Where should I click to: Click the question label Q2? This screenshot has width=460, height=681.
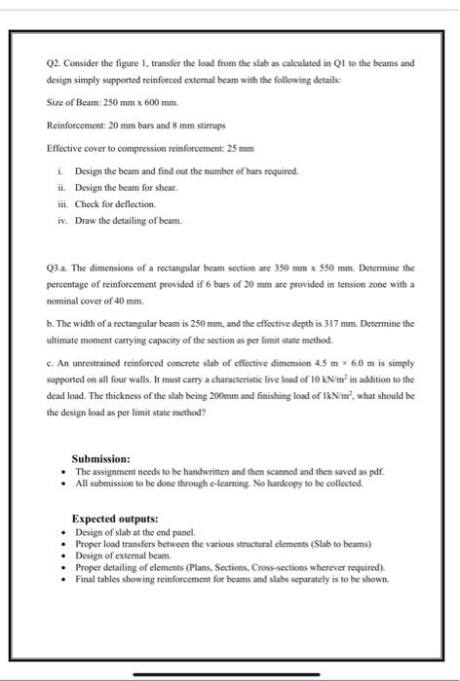point(55,61)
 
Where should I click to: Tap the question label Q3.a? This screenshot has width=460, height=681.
point(58,266)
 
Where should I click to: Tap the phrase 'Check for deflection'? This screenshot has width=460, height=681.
point(115,203)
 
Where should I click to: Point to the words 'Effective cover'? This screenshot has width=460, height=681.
point(73,148)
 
